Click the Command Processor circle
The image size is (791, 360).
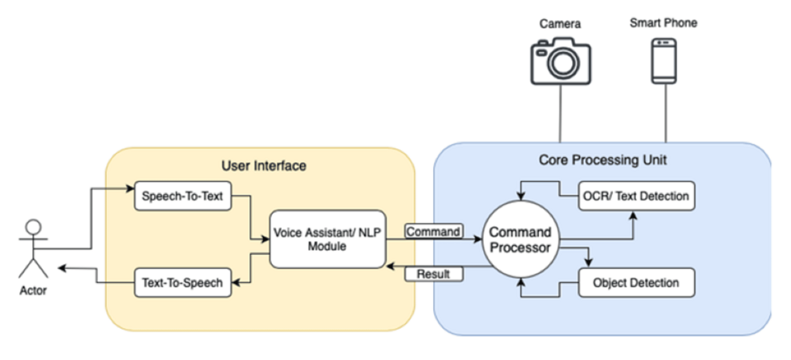521,240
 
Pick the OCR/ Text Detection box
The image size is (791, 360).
636,196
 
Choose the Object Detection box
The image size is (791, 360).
635,282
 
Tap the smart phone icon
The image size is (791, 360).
663,59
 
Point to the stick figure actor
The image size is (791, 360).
31,249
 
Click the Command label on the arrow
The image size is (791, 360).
433,232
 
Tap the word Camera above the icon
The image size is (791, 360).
559,24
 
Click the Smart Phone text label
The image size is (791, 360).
663,22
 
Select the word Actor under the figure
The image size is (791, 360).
33,290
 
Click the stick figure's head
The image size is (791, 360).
31,227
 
